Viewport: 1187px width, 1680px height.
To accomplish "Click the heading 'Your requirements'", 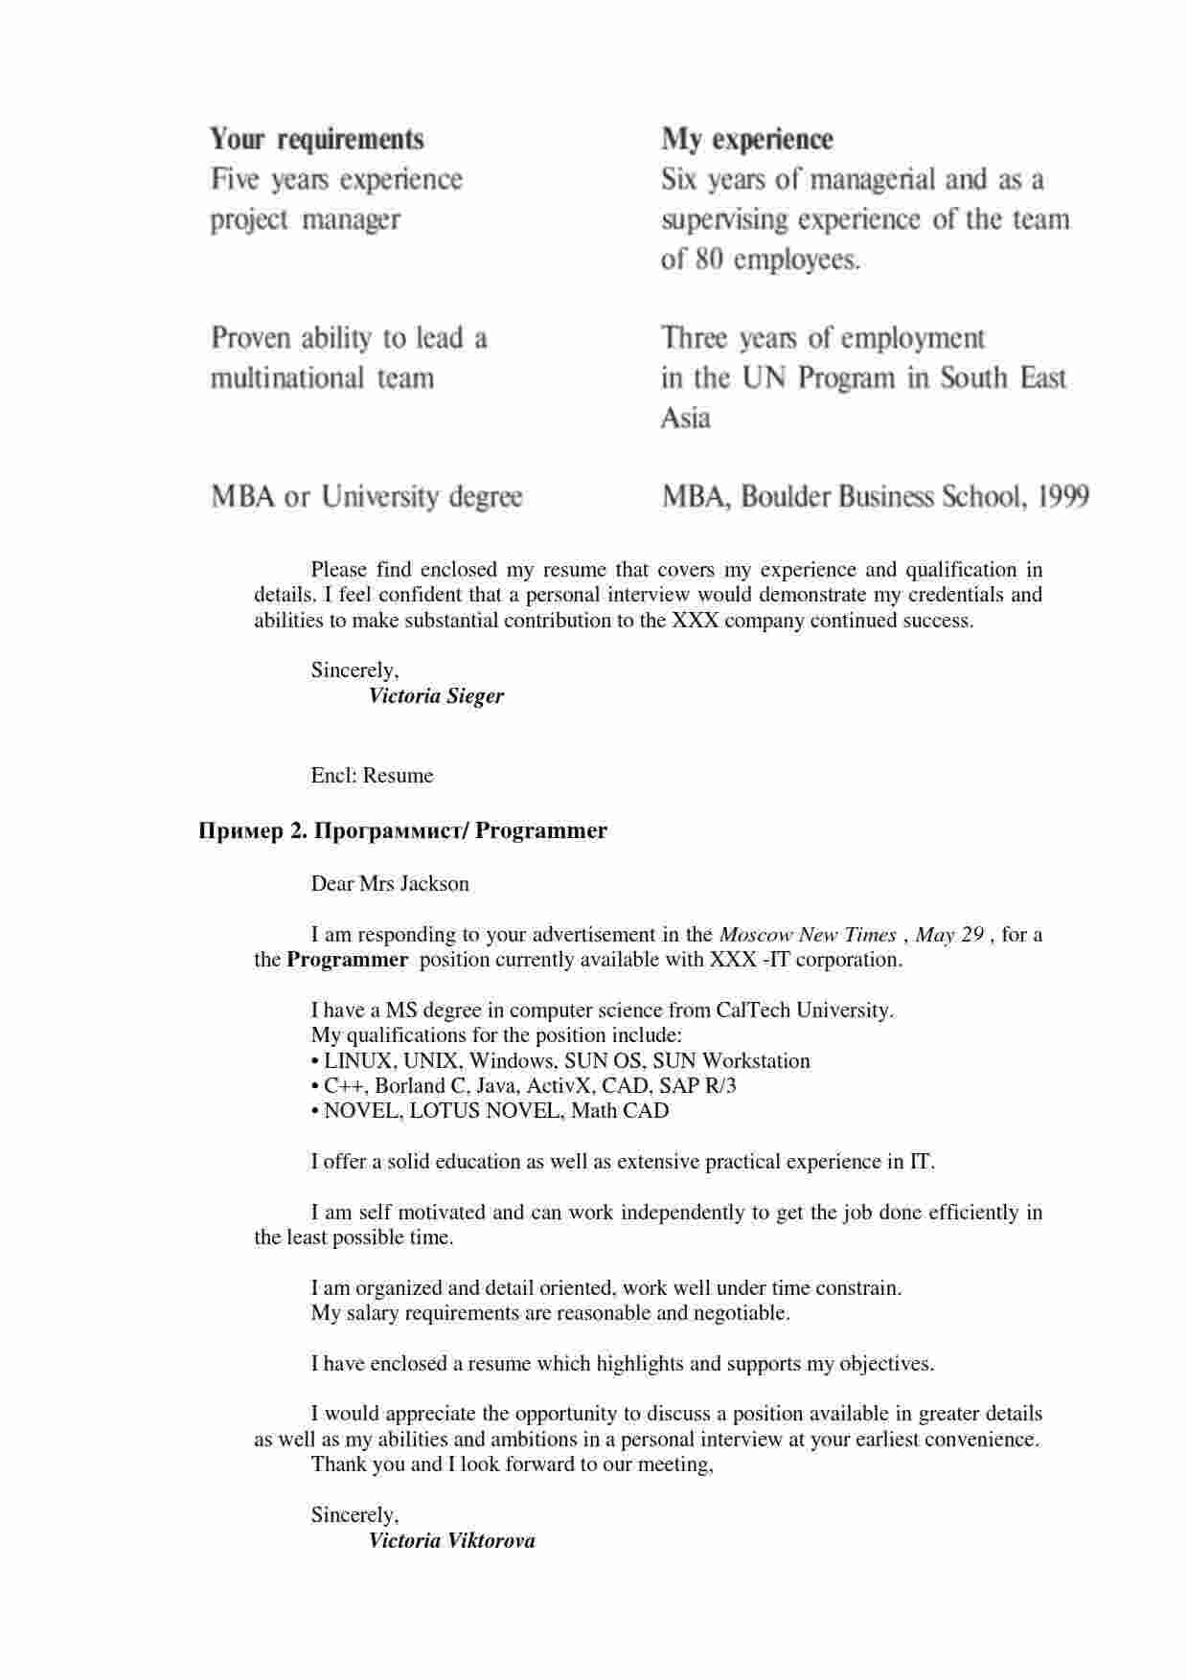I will (x=316, y=140).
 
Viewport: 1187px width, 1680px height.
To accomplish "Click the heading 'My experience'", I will (x=746, y=140).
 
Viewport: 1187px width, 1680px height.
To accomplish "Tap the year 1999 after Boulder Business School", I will (x=1056, y=497).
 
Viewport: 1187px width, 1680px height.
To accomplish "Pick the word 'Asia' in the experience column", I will (x=685, y=419).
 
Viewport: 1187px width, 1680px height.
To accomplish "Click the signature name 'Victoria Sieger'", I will (x=436, y=696).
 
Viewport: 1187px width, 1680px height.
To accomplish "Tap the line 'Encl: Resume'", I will (x=372, y=776).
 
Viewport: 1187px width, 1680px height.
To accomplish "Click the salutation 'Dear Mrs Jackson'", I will (x=390, y=884).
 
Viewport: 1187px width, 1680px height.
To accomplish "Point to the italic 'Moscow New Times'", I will (x=808, y=935).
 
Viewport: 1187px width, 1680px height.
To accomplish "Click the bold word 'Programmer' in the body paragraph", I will (x=347, y=960).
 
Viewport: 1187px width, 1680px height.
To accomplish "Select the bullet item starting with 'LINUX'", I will (x=560, y=1061).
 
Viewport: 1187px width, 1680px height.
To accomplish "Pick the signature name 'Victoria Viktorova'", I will (x=451, y=1541).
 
